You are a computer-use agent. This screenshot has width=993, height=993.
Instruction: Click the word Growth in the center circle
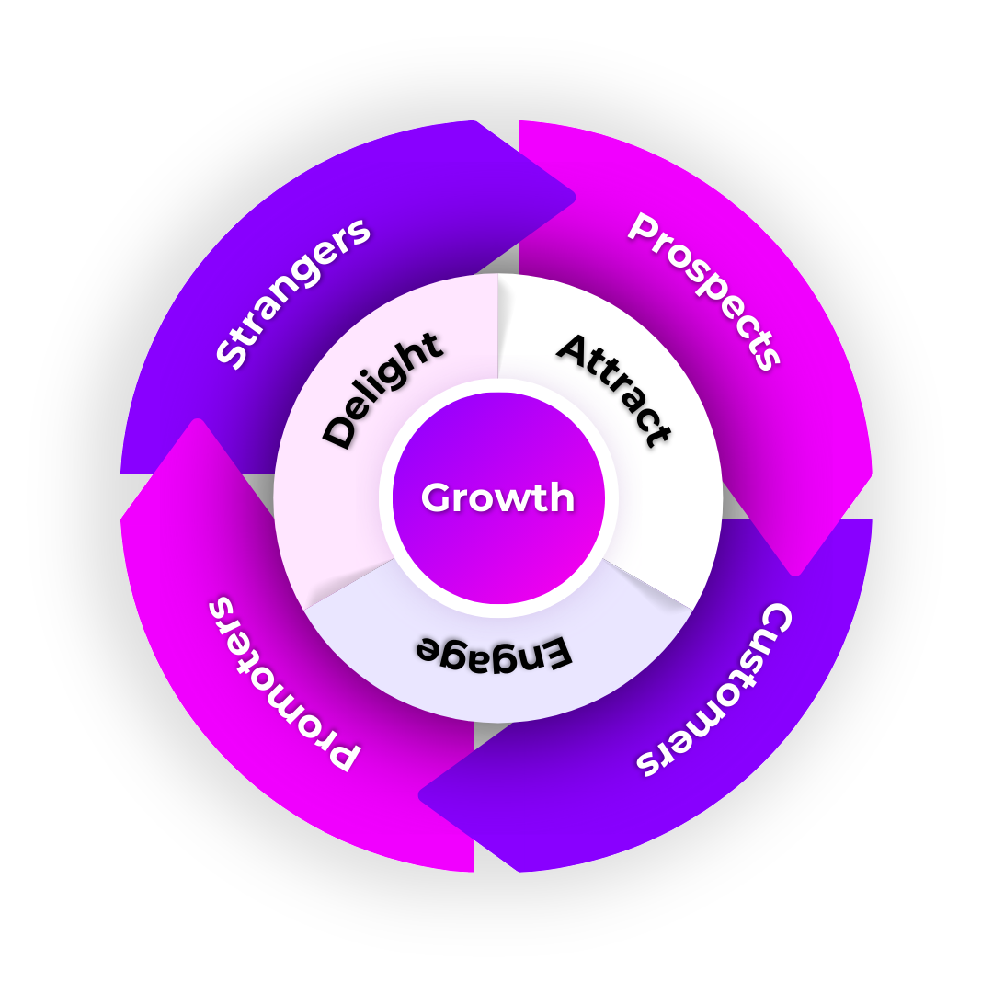(497, 498)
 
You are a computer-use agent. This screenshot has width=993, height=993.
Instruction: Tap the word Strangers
(293, 292)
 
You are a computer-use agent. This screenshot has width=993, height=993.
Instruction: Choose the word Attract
(615, 389)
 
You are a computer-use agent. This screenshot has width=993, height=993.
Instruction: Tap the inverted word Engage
(495, 651)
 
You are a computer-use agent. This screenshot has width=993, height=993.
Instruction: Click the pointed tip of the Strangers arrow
(572, 196)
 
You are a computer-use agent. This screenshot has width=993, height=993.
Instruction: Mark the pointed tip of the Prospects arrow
(797, 572)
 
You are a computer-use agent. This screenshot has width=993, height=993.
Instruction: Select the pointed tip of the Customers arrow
(422, 796)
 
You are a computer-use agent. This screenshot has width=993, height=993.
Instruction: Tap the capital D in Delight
(339, 431)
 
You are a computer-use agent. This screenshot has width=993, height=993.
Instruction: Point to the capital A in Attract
(574, 349)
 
